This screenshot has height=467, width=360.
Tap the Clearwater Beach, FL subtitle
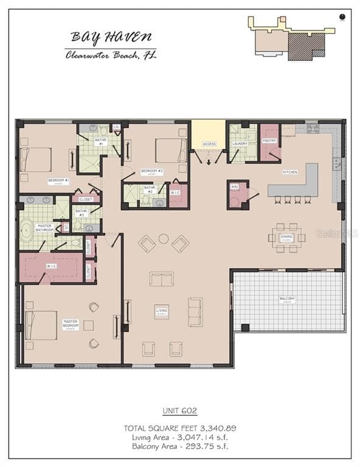(x=111, y=55)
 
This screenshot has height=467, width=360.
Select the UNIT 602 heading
(x=179, y=411)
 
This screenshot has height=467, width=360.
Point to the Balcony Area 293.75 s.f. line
(x=179, y=446)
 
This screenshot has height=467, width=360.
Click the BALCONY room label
(x=287, y=299)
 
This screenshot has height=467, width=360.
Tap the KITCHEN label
(x=290, y=172)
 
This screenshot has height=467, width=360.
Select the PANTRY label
(x=269, y=141)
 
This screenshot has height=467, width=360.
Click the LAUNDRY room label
(x=240, y=144)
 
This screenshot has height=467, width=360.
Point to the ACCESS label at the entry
(x=209, y=144)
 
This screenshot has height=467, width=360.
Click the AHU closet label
(x=234, y=187)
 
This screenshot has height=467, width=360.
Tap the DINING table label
(x=286, y=237)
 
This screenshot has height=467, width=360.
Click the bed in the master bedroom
(x=41, y=325)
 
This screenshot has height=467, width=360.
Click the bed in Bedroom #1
(x=36, y=159)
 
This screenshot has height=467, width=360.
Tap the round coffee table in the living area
(x=164, y=238)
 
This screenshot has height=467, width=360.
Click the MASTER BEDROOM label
(x=71, y=325)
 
